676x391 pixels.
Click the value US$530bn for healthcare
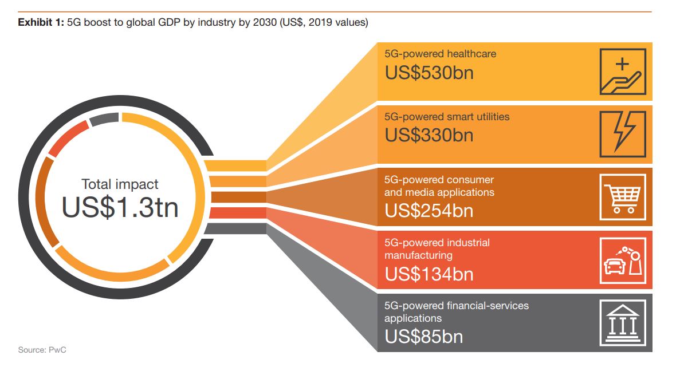pyautogui.click(x=429, y=73)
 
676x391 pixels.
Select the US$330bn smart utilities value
pyautogui.click(x=429, y=136)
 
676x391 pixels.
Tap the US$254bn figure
pyautogui.click(x=429, y=211)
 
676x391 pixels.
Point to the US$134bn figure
pyautogui.click(x=429, y=274)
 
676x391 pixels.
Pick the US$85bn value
pyautogui.click(x=423, y=337)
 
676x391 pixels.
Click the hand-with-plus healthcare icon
pyautogui.click(x=623, y=72)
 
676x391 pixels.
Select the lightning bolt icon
pyautogui.click(x=623, y=134)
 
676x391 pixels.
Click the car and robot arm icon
pyautogui.click(x=623, y=260)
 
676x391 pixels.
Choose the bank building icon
pyautogui.click(x=623, y=323)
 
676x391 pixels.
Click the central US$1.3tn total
pyautogui.click(x=120, y=207)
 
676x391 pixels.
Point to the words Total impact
pyautogui.click(x=120, y=184)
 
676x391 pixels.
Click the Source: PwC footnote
pyautogui.click(x=42, y=349)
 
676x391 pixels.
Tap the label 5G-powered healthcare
pyautogui.click(x=440, y=54)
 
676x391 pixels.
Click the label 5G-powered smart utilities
pyautogui.click(x=447, y=117)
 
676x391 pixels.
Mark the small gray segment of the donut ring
pyautogui.click(x=104, y=119)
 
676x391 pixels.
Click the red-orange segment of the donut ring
pyautogui.click(x=68, y=138)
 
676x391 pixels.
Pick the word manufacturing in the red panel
pyautogui.click(x=418, y=255)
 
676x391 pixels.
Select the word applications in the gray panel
pyautogui.click(x=413, y=318)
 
